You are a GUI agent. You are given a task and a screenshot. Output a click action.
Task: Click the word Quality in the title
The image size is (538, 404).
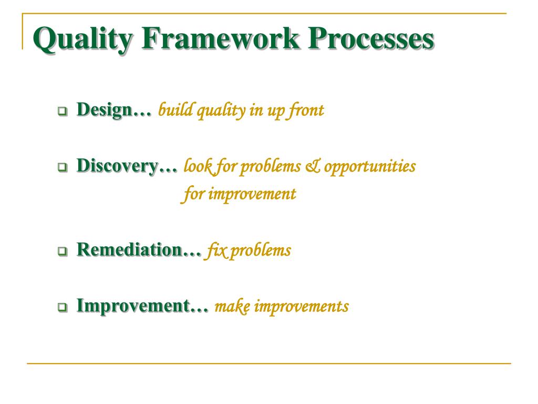tap(82, 39)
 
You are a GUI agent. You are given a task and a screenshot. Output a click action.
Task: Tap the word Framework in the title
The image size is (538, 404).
tap(220, 38)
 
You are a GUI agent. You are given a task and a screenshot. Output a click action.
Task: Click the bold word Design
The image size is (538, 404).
tap(105, 110)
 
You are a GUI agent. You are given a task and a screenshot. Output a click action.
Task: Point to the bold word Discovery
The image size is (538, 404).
tap(117, 166)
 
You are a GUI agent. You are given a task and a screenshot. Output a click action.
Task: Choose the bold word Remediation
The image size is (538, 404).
tap(129, 249)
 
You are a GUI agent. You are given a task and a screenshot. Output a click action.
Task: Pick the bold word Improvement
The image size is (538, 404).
tap(133, 306)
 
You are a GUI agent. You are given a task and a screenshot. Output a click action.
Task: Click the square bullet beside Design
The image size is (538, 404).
tap(63, 111)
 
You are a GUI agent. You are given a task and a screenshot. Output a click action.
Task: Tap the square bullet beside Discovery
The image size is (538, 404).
tap(63, 167)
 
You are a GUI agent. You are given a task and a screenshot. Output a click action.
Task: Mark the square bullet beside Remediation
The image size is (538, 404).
tap(63, 251)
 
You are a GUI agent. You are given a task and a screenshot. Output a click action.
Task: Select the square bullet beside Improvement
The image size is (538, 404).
tap(63, 307)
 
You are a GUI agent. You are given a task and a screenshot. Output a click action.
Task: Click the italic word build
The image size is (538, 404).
tap(175, 110)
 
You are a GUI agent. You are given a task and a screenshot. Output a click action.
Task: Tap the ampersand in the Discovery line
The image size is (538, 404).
tap(312, 166)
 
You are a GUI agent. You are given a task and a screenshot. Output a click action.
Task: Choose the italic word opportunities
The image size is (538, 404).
tap(370, 167)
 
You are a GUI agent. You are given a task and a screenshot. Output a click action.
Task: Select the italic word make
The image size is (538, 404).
tap(232, 306)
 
